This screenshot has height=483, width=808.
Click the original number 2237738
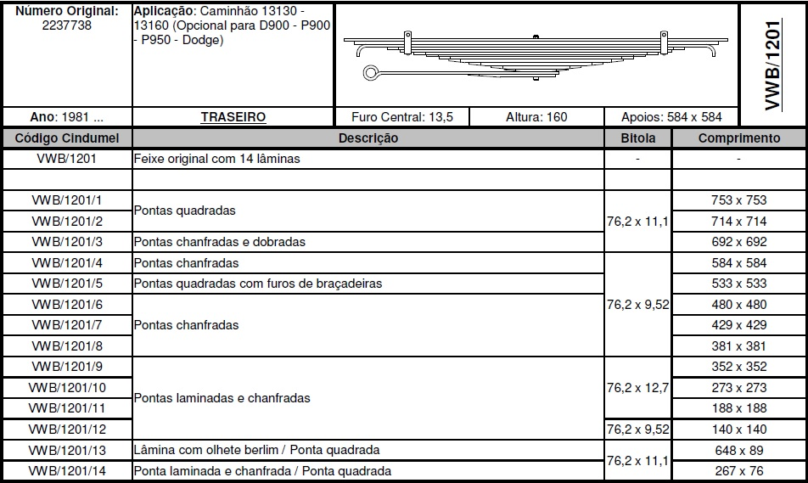(66, 25)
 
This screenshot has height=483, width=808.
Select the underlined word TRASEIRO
(233, 117)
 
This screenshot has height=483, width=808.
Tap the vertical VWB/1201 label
(772, 65)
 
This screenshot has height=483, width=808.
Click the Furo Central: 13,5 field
(401, 117)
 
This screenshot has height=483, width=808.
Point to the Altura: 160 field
(536, 117)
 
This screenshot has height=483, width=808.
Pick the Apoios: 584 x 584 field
(671, 117)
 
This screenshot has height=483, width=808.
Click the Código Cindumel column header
(68, 138)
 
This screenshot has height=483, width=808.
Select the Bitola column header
(637, 138)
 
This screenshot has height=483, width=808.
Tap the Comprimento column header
(738, 138)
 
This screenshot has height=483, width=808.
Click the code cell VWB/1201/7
(66, 325)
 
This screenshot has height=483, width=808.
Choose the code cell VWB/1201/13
(66, 450)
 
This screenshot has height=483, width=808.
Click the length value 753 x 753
(738, 200)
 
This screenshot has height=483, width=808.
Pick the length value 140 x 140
(738, 430)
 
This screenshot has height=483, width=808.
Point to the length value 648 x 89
(738, 450)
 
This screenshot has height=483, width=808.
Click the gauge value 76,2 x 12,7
(637, 388)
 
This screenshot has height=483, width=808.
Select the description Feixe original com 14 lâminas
(217, 159)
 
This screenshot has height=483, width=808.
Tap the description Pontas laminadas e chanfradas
(222, 397)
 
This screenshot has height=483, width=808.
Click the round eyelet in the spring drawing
(371, 73)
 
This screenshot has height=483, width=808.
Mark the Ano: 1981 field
(66, 117)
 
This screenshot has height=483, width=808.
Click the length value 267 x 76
(738, 471)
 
